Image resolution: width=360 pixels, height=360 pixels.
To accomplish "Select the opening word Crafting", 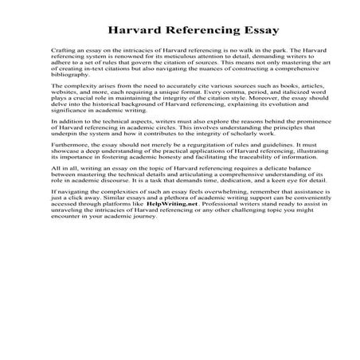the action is (x=62, y=51).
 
